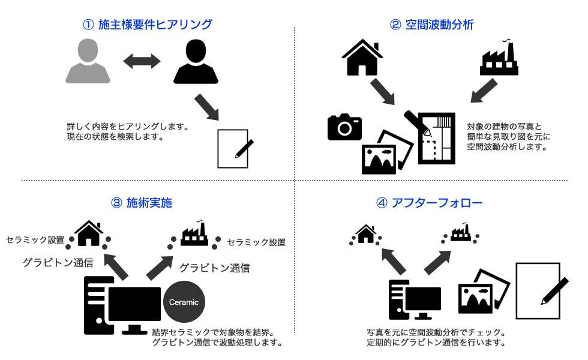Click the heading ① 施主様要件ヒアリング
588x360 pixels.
[x=148, y=25]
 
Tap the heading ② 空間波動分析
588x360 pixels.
[x=432, y=25]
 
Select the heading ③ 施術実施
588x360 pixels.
[x=142, y=203]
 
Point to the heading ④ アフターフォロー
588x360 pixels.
[x=429, y=203]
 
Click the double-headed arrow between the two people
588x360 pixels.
[x=142, y=61]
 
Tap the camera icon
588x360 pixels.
[x=344, y=126]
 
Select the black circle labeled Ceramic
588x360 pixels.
[x=184, y=302]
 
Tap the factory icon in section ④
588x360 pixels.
[x=460, y=232]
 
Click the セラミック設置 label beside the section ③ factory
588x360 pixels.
[x=256, y=242]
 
